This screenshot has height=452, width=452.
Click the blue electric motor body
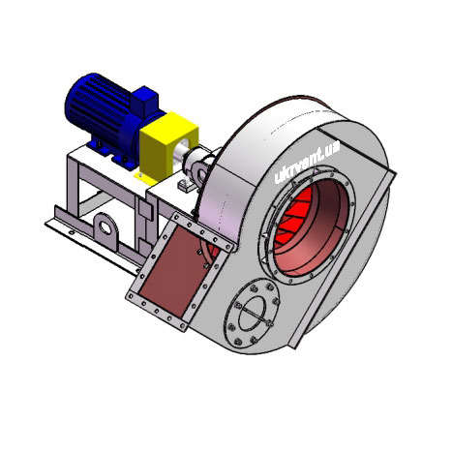tap(97, 104)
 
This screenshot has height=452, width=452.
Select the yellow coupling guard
tap(167, 145)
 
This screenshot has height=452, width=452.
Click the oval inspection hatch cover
tap(253, 313)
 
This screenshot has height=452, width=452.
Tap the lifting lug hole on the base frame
tap(105, 226)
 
